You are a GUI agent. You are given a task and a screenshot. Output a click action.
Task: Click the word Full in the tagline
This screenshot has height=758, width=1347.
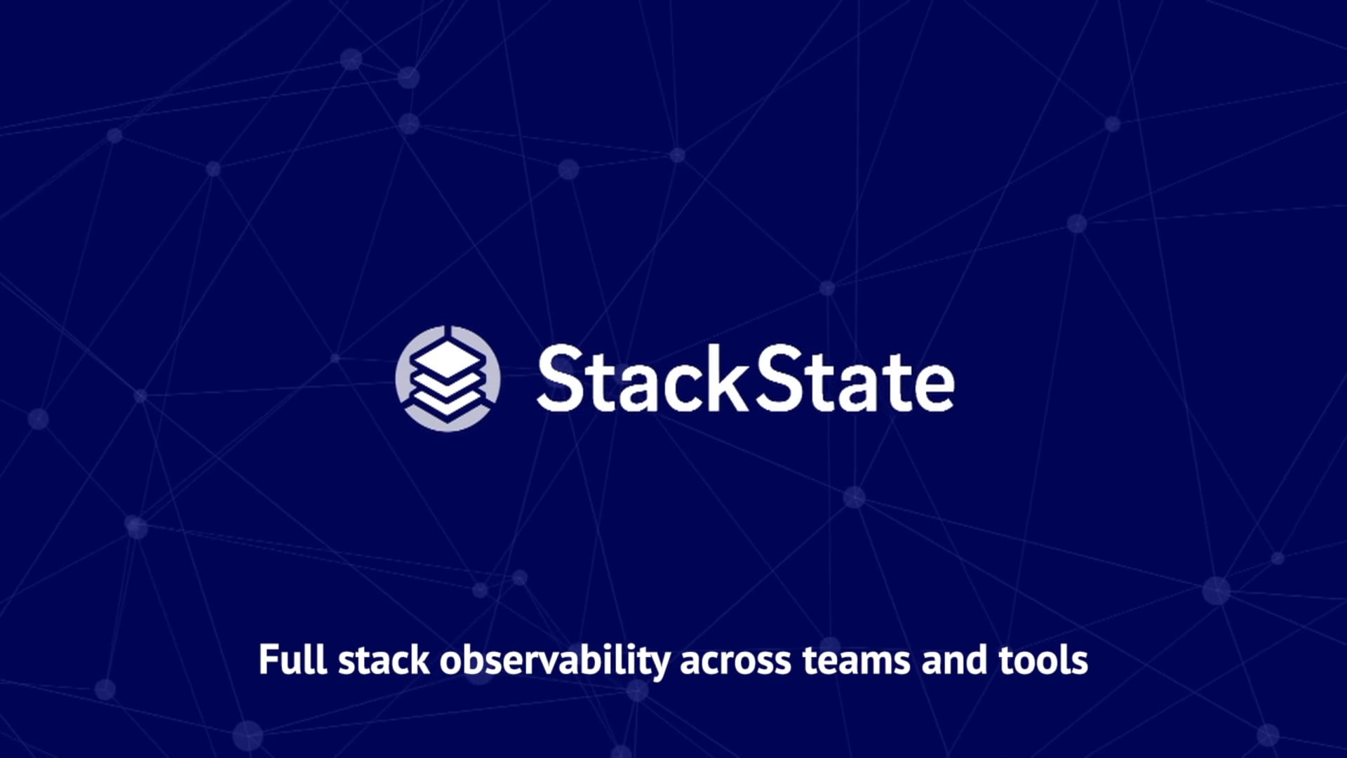pos(293,660)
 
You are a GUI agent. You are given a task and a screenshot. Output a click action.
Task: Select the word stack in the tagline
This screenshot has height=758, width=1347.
pos(384,660)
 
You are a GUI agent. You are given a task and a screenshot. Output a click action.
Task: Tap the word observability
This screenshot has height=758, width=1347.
pos(554,660)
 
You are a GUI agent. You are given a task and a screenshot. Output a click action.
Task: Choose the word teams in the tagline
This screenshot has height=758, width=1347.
pos(857,660)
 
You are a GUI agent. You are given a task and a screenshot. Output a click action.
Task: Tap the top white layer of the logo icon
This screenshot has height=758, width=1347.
pos(448,358)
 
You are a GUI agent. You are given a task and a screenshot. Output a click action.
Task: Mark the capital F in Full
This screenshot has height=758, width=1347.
pos(268,660)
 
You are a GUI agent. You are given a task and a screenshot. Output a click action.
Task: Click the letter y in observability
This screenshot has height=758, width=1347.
pos(660,664)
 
